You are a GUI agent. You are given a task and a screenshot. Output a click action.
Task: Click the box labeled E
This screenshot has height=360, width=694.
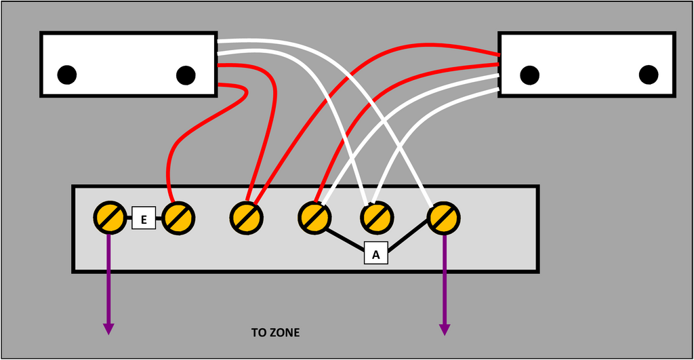pos(144,219)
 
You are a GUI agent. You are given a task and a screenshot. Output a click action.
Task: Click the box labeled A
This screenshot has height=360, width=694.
pos(376,254)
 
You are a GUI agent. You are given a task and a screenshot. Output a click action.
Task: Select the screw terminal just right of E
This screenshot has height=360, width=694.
pos(178,218)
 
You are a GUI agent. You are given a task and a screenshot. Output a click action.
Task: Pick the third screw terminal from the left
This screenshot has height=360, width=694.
pos(245,218)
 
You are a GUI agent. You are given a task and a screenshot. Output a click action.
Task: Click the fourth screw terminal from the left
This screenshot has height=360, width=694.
pos(314,218)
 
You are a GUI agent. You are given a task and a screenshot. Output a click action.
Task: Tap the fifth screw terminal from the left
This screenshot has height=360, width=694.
pos(375,218)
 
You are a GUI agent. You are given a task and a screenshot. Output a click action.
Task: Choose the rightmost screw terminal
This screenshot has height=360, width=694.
pos(444,218)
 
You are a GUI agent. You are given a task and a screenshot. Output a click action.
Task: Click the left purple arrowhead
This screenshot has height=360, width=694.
pos(108,329)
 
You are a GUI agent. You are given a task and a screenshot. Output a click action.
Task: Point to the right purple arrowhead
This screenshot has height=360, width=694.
pos(445,329)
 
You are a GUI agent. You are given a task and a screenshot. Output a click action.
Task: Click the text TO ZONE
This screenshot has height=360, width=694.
pos(275,333)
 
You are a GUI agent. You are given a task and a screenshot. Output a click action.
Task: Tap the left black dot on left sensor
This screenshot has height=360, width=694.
pos(66,75)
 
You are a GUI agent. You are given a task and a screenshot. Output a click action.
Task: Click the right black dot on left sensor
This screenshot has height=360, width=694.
pos(186,75)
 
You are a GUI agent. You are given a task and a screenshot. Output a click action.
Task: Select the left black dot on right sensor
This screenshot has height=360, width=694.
pos(529,74)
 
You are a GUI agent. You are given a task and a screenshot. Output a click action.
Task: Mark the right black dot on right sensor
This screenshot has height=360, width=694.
pos(649,74)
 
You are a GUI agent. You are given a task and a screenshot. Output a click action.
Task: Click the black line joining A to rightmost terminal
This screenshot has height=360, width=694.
pos(410,239)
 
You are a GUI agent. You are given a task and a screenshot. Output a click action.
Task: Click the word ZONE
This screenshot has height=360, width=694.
pos(285,333)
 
